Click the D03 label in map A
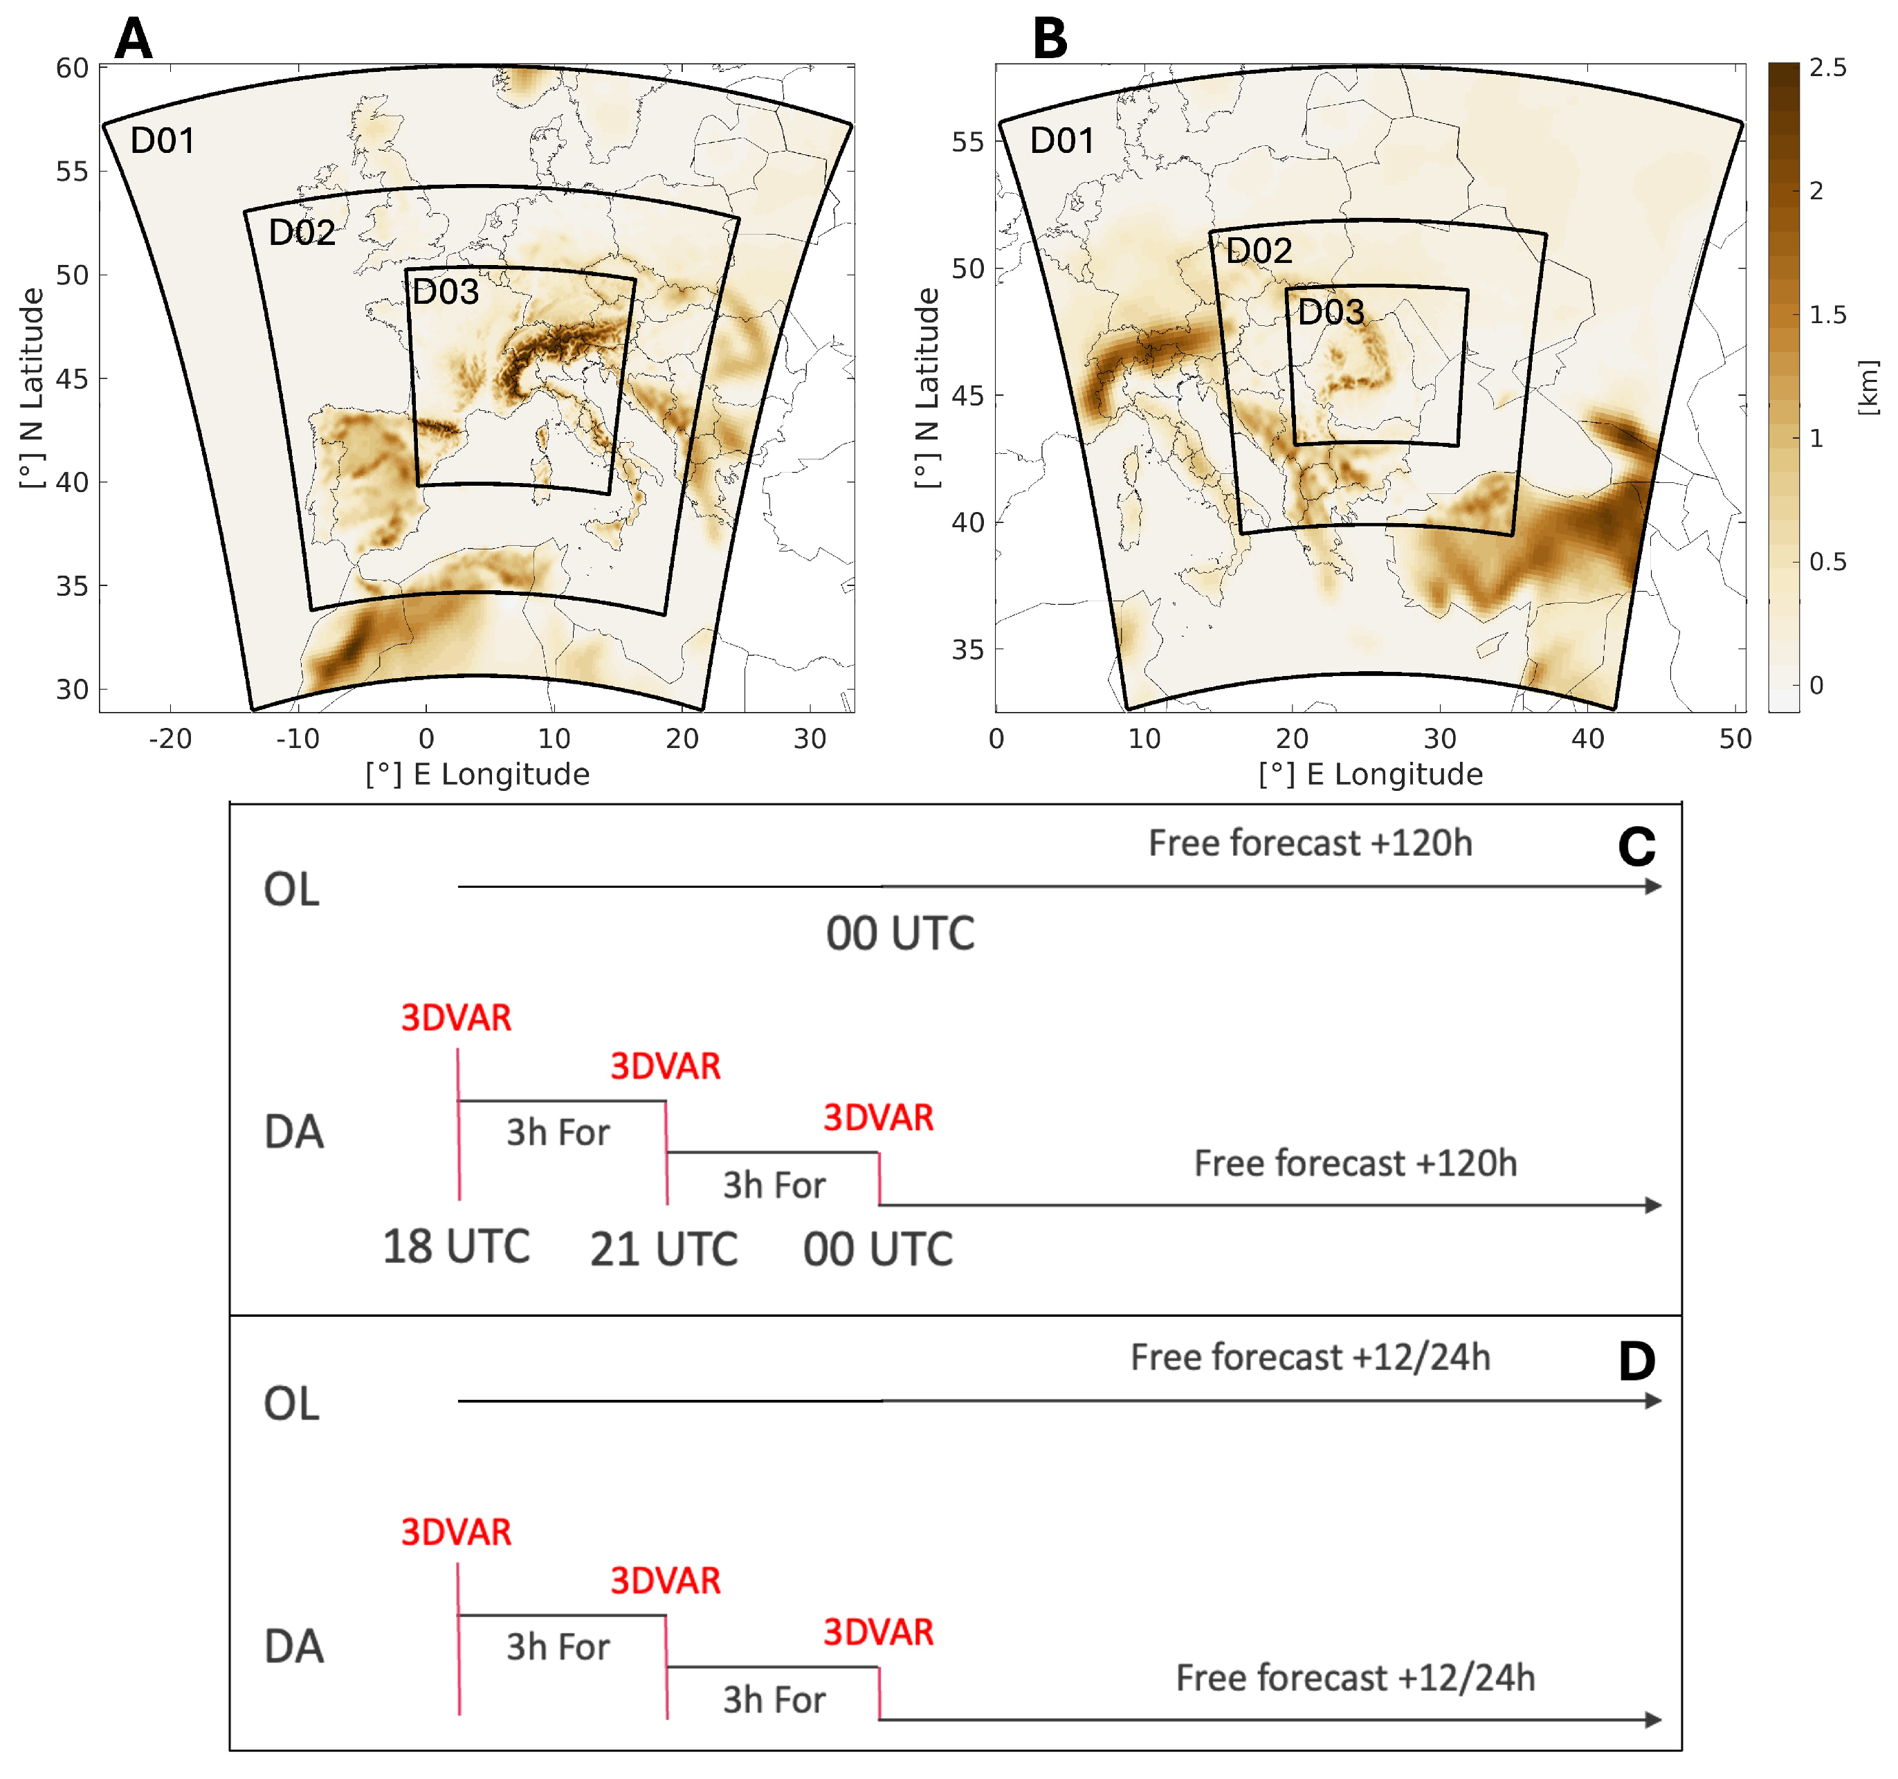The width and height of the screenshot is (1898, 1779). click(445, 292)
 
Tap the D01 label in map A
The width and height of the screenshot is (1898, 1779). click(163, 141)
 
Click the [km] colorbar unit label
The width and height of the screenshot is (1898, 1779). click(1868, 387)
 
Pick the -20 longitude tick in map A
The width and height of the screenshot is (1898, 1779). click(170, 738)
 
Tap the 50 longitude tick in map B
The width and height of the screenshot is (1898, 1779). click(1735, 738)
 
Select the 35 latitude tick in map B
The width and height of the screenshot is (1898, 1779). click(967, 649)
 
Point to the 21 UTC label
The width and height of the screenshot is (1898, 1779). click(664, 1249)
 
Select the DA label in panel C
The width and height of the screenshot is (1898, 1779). click(294, 1133)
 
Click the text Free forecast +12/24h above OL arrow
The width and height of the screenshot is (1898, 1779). click(1310, 1357)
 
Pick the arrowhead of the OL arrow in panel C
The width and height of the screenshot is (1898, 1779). click(1652, 887)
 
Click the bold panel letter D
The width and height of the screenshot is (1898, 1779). click(1636, 1362)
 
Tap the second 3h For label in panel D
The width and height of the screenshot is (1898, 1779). click(774, 1699)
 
